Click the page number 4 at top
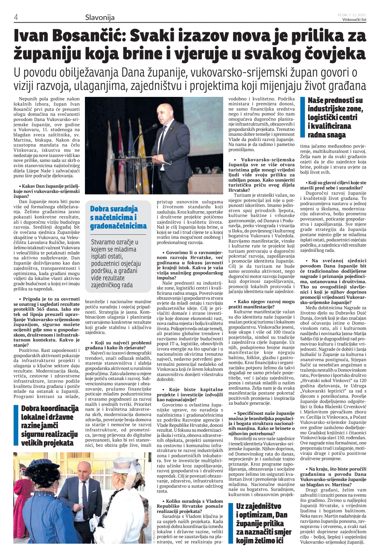(x=16, y=17)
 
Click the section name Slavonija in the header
(x=100, y=17)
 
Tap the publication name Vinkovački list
(x=354, y=20)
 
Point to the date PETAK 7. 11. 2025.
(x=352, y=15)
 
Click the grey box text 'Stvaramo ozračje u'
(x=114, y=242)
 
